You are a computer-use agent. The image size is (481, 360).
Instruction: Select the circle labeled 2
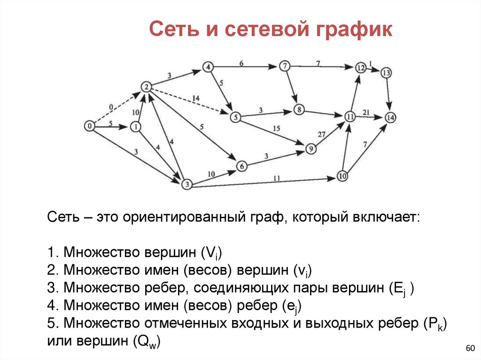tap(146, 87)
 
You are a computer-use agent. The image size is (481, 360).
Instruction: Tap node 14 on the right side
tap(391, 117)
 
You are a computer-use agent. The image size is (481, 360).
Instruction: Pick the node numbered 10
tap(342, 177)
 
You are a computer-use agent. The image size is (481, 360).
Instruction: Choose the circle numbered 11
tap(349, 116)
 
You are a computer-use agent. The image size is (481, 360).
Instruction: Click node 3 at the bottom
tap(187, 184)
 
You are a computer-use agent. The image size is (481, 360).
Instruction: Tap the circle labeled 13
tap(386, 73)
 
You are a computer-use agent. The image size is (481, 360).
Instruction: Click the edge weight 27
tap(321, 134)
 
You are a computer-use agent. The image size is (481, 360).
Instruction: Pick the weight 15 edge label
tap(276, 129)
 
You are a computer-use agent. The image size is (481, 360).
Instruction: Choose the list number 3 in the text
tap(51, 287)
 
